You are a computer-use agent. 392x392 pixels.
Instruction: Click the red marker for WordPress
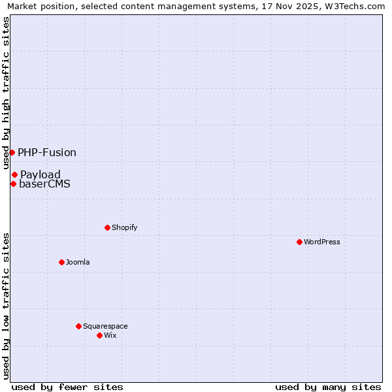(299, 242)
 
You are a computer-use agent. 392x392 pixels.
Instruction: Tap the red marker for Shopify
(107, 227)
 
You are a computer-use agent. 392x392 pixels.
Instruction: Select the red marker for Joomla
(61, 262)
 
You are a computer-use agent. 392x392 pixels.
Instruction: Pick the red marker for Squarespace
(78, 326)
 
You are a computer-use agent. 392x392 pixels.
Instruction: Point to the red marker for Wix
(99, 335)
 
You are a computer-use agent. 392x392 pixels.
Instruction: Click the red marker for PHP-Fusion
(12, 152)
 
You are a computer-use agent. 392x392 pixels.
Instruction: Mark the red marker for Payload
(14, 174)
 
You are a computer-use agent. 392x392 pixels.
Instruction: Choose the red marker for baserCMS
(13, 184)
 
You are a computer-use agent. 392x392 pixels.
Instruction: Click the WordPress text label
(322, 242)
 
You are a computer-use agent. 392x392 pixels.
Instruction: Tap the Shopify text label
(124, 227)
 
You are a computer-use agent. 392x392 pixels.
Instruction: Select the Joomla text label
(78, 262)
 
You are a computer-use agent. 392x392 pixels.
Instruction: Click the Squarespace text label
(105, 326)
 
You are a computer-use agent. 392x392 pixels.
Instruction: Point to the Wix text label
(110, 335)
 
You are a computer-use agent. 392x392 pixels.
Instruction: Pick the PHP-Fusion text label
(47, 152)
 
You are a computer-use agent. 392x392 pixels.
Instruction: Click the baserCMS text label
(44, 184)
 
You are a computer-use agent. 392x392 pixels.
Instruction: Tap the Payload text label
(41, 174)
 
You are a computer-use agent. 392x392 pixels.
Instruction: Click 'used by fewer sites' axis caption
(67, 387)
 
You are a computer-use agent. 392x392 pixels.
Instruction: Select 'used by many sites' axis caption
(328, 387)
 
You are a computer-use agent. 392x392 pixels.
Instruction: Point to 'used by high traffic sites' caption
(7, 93)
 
